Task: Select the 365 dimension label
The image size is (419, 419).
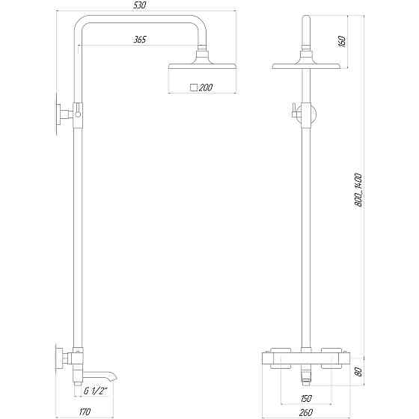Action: [139, 39]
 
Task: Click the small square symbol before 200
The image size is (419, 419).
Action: [195, 88]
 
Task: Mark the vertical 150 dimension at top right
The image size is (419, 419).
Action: [341, 40]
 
